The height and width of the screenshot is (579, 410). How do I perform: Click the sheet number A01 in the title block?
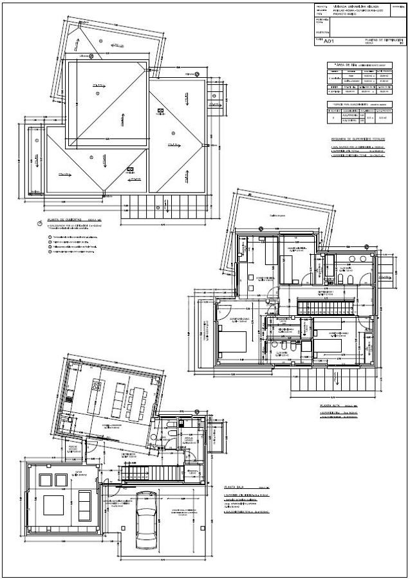pyautogui.click(x=328, y=41)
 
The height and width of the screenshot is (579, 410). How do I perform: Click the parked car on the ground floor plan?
pyautogui.click(x=146, y=526)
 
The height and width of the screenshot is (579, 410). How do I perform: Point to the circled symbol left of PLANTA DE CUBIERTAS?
pyautogui.click(x=41, y=223)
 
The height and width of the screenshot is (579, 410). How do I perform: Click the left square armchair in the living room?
pyautogui.click(x=45, y=479)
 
